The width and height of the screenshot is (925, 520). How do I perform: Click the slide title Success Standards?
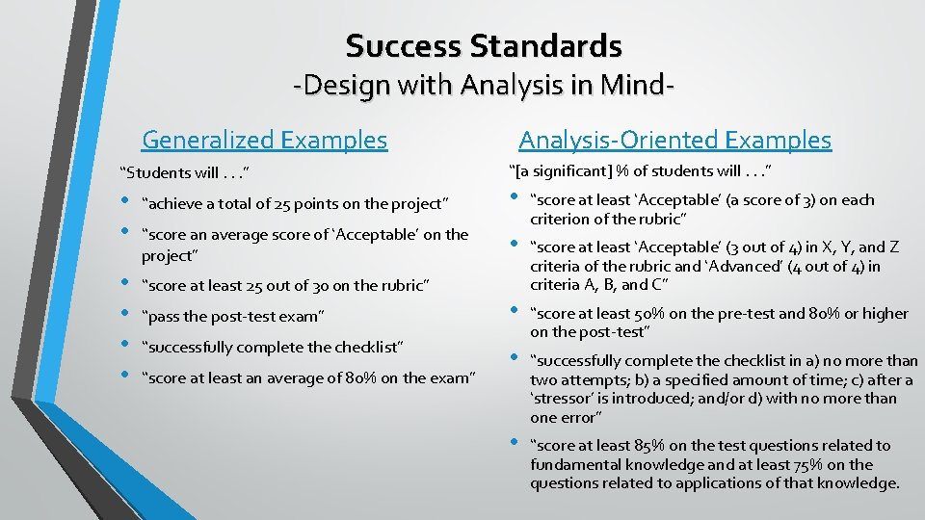click(x=484, y=45)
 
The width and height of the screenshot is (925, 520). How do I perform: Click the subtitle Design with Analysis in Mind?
click(x=484, y=86)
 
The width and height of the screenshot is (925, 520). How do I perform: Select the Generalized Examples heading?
click(x=264, y=141)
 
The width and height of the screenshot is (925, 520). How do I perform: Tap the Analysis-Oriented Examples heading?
click(x=674, y=141)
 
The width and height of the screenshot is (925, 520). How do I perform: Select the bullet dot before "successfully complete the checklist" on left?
click(x=125, y=345)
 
